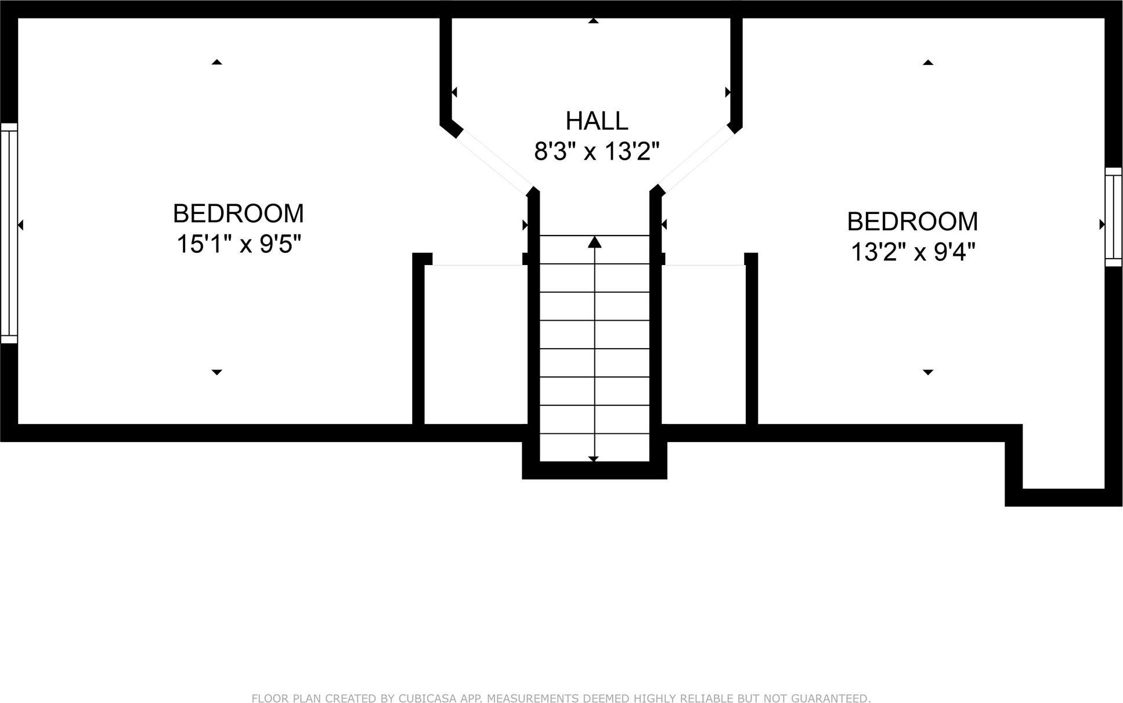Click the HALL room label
[x=597, y=121]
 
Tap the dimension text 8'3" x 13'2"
[x=597, y=152]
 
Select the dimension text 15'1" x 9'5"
[x=239, y=244]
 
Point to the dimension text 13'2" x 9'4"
[x=912, y=252]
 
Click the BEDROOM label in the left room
[x=239, y=213]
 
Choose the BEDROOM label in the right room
[x=912, y=222]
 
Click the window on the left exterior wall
[x=9, y=233]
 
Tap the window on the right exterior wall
[x=1113, y=217]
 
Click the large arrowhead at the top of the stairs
[x=594, y=242]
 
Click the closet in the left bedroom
[x=475, y=345]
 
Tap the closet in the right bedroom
[x=703, y=345]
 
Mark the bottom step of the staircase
[x=594, y=448]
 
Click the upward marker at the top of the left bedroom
[x=216, y=61]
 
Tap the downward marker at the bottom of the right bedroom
[x=927, y=372]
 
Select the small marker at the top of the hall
[x=593, y=21]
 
